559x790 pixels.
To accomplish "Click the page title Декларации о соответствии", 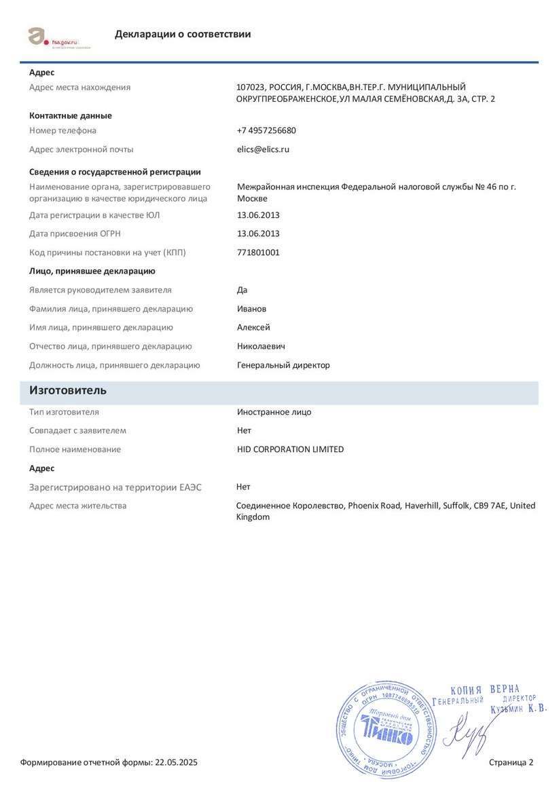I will point(183,34).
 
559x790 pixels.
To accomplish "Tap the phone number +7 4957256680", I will point(266,130).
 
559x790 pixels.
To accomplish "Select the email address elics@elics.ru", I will point(263,149).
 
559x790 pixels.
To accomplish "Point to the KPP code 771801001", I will point(258,252).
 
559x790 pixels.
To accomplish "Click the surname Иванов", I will point(251,309).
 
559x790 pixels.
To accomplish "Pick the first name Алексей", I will point(253,328).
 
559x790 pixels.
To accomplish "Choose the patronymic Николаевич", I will point(261,346).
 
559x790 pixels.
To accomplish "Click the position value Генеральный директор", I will point(283,365).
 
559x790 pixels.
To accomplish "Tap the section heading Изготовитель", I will point(67,391).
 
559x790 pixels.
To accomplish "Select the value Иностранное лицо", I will point(274,412).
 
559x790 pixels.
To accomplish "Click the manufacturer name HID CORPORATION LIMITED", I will point(290,449).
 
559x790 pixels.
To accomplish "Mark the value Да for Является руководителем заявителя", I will point(242,290).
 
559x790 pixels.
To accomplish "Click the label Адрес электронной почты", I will point(82,149).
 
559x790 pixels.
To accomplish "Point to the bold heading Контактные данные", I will point(71,115).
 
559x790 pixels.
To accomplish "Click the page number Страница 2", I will point(511,763).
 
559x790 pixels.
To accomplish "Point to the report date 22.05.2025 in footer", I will point(177,763).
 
